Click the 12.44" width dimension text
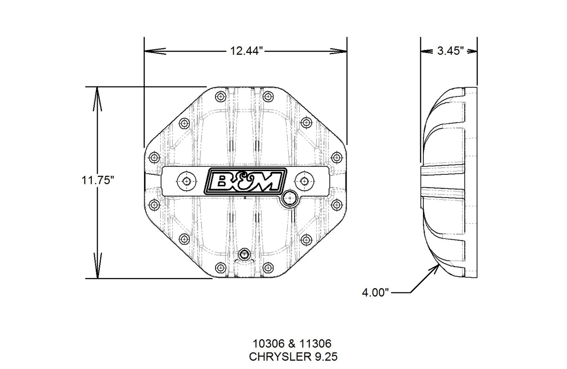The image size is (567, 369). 246,51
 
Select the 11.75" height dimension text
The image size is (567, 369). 98,181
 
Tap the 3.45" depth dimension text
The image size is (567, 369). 451,51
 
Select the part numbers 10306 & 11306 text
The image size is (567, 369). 292,344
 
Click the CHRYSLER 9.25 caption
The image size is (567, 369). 293,357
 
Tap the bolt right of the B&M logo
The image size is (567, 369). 304,181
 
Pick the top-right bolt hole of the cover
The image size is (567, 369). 268,95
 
